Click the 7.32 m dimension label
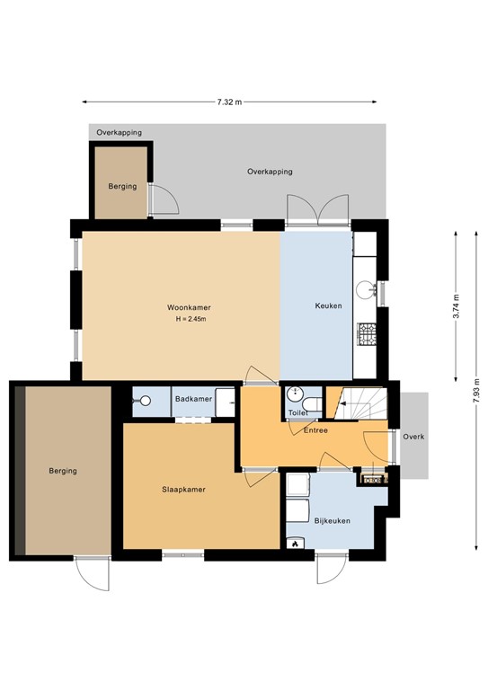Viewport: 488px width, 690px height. coord(229,102)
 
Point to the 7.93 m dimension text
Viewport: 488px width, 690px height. coord(476,393)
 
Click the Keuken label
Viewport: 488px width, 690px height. coord(327,306)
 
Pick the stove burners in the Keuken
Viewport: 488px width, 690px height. coord(365,334)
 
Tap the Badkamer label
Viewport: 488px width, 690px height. coord(193,399)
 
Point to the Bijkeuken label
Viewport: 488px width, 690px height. coord(332,521)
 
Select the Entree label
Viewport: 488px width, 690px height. coord(315,430)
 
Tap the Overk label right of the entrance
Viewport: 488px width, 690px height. coord(413,438)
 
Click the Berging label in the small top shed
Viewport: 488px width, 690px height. coord(122,186)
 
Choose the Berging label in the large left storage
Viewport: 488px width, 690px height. coord(63,470)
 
